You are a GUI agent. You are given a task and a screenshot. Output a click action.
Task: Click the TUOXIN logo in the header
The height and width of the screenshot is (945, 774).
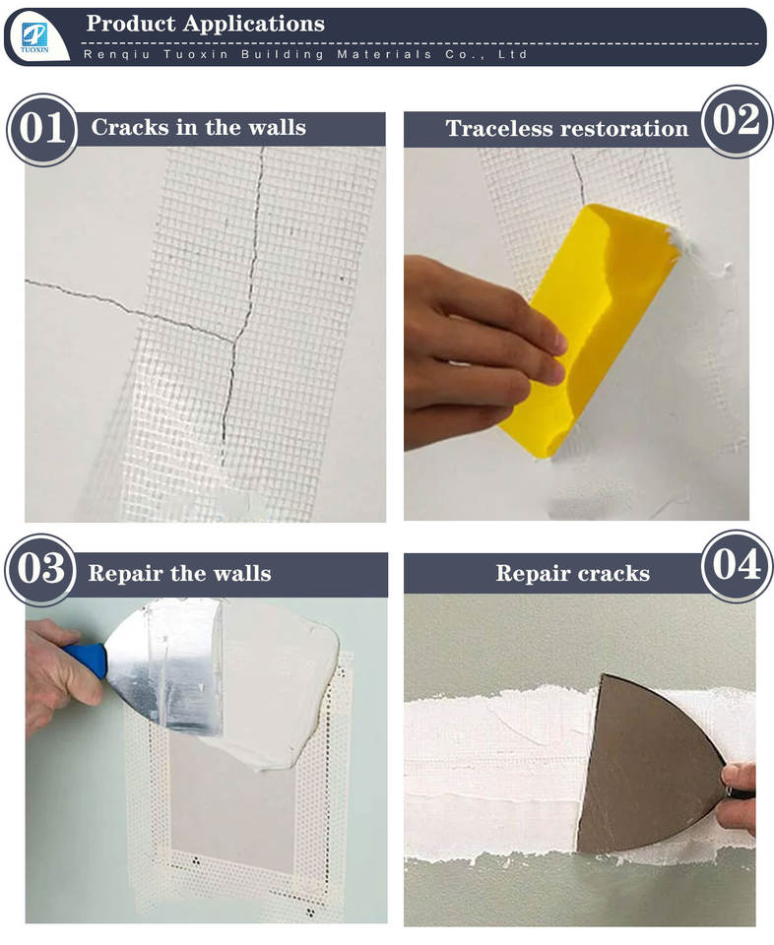(x=34, y=37)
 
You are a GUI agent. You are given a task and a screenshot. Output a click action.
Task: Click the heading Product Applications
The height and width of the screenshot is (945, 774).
(x=206, y=24)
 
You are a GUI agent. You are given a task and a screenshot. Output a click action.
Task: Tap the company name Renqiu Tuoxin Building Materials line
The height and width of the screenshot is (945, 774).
(x=305, y=54)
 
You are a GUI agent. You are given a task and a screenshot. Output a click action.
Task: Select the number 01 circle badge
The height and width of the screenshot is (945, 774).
(x=42, y=129)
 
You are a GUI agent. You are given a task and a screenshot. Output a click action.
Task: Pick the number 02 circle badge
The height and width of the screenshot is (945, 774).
(x=737, y=120)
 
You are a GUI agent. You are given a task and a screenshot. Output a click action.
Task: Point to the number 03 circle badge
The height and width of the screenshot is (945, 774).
(x=41, y=569)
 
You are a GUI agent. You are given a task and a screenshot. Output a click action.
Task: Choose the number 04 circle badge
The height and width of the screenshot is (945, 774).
(x=737, y=565)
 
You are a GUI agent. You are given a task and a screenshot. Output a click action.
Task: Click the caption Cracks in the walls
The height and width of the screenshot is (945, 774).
(x=199, y=127)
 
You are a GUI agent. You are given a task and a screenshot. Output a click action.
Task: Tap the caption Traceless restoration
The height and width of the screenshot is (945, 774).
(x=566, y=128)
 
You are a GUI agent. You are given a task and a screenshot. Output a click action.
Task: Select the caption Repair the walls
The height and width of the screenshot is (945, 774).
(x=179, y=573)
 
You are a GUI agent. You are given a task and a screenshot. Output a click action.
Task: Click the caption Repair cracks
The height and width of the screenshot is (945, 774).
(x=573, y=573)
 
